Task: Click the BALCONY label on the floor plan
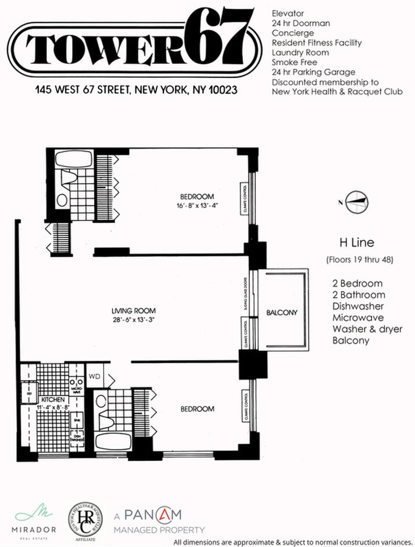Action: (x=282, y=312)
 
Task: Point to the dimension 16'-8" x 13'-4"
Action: (x=197, y=206)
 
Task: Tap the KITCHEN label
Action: (x=52, y=400)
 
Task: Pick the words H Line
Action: (x=356, y=242)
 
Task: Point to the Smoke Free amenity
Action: (x=294, y=62)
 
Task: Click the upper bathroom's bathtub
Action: (x=73, y=158)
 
